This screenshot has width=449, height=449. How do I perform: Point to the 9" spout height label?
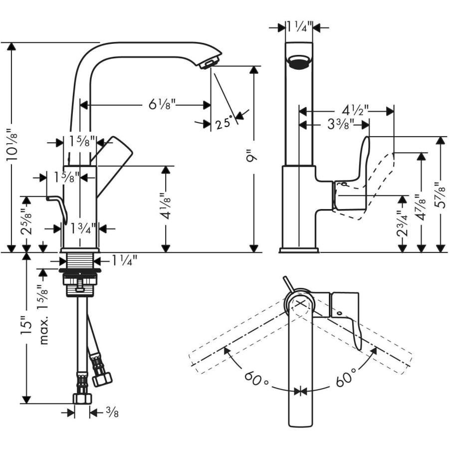(253, 157)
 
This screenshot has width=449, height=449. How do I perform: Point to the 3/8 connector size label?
(112, 413)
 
